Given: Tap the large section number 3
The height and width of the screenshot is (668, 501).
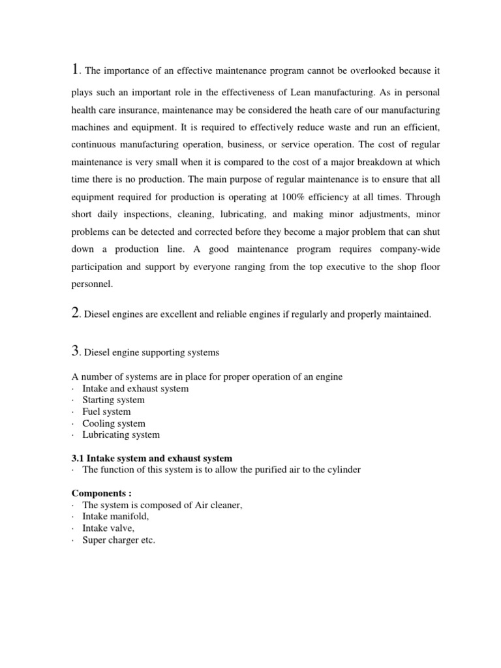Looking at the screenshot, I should click(74, 351).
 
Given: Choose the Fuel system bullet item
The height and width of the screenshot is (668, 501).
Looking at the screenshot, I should click(106, 412).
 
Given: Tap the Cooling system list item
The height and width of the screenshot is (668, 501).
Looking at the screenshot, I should click(114, 423).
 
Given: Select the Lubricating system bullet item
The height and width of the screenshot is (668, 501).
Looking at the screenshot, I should click(121, 434).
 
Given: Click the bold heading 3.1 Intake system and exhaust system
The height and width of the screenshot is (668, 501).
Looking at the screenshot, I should click(151, 458).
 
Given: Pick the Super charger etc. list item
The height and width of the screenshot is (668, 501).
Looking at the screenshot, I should click(119, 540).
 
